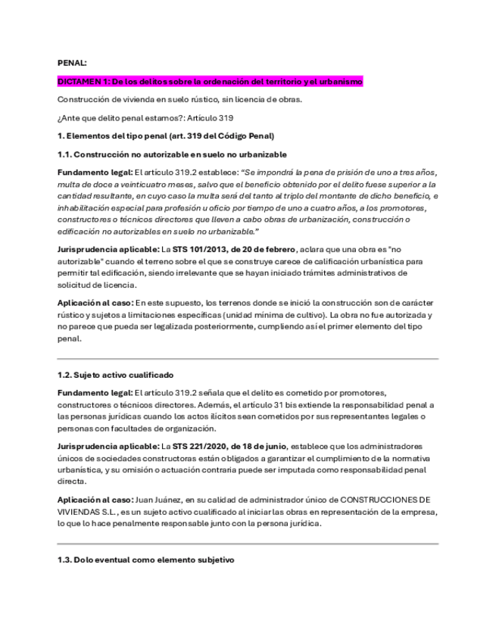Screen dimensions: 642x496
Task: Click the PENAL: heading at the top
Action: coord(72,63)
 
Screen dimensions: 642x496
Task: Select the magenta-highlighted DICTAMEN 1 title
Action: coord(211,81)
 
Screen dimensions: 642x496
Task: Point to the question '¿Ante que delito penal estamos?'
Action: coord(120,117)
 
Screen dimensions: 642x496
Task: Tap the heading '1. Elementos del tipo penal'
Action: coord(166,136)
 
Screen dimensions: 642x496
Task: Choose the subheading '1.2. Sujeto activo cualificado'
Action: coord(116,374)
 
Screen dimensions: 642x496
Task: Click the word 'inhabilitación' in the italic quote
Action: coord(87,207)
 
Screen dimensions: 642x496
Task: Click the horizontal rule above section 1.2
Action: coord(248,358)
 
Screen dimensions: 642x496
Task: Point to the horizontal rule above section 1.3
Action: coord(248,544)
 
